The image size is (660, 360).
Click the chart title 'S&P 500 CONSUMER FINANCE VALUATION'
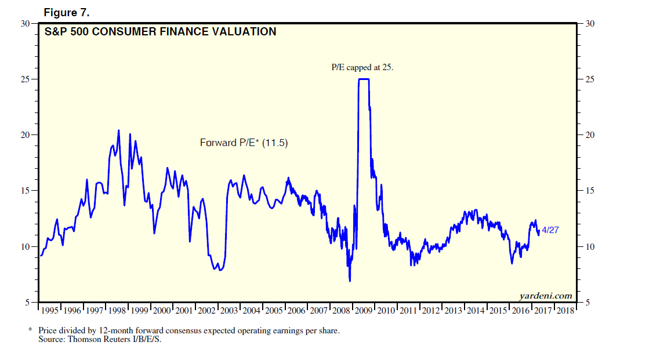click(x=161, y=32)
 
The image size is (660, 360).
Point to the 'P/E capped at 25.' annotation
click(x=362, y=67)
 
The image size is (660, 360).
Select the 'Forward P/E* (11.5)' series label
click(x=244, y=143)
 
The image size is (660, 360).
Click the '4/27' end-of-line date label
click(x=550, y=231)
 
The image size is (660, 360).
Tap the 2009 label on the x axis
click(x=364, y=311)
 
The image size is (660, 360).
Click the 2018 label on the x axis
click(x=565, y=311)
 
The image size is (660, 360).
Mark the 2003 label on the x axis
click(x=229, y=311)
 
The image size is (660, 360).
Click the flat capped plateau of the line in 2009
click(x=364, y=79)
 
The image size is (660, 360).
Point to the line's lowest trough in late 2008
click(x=350, y=281)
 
